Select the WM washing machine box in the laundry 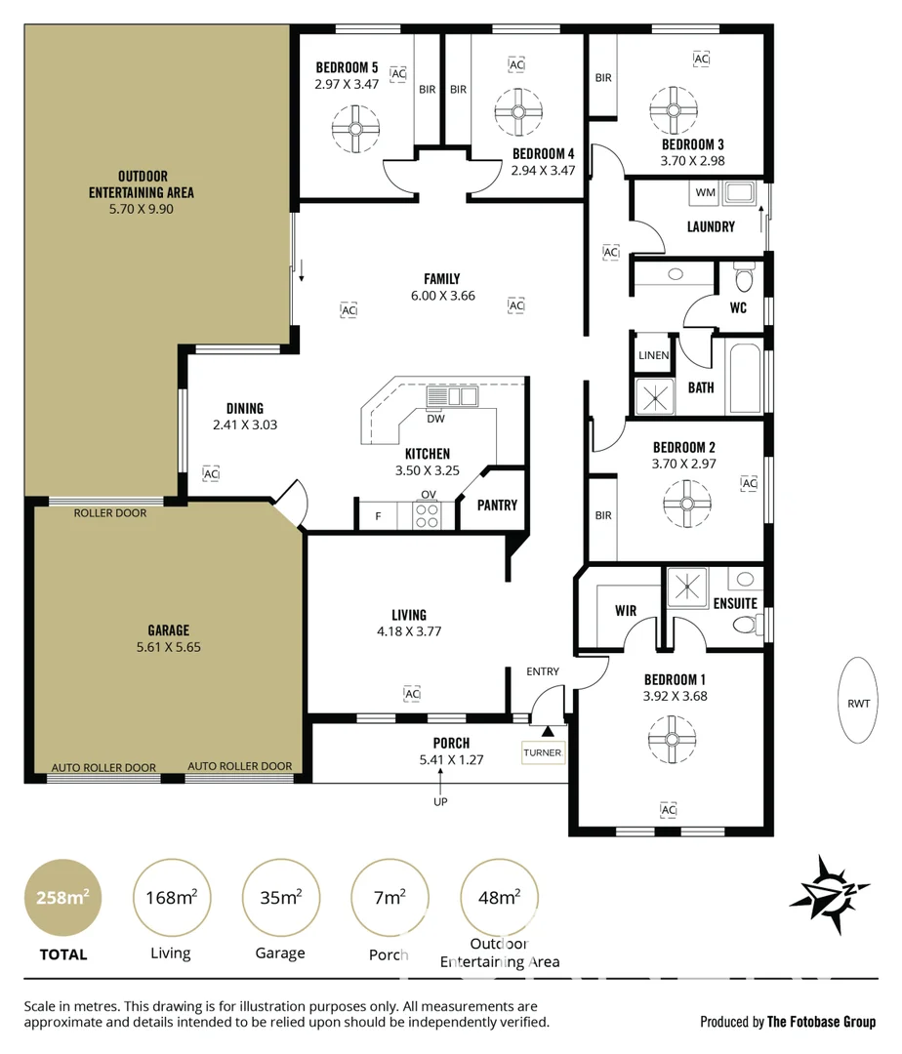click(x=705, y=193)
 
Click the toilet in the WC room click(x=744, y=280)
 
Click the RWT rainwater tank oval click(x=858, y=702)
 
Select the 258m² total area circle click(x=62, y=898)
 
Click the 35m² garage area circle click(x=279, y=898)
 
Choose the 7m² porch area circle click(x=389, y=898)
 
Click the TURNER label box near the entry click(x=543, y=752)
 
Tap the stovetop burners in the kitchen click(x=427, y=514)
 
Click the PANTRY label click(x=497, y=506)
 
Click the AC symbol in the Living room click(x=411, y=694)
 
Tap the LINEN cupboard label click(x=653, y=355)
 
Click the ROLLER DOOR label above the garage click(x=109, y=513)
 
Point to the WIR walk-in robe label click(x=626, y=611)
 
